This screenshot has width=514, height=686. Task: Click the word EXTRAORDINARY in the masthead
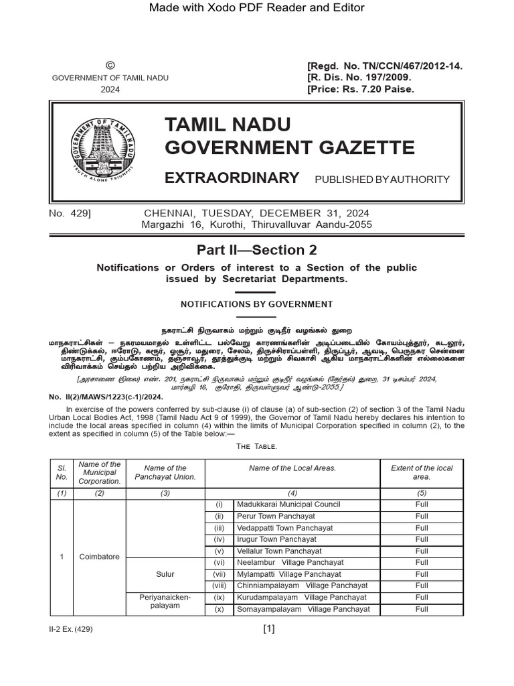tap(232, 178)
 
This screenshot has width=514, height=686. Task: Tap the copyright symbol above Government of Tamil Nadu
tap(110, 65)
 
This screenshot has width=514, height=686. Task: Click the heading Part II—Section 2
tap(256, 250)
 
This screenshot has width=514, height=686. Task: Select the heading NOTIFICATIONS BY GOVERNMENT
tap(256, 304)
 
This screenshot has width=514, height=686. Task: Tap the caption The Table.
tap(256, 445)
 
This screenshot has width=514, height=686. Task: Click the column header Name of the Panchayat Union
tap(165, 472)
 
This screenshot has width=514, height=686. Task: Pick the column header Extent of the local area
tap(422, 472)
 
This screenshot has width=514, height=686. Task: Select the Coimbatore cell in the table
tap(99, 557)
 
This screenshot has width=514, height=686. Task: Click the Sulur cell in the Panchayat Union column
tap(165, 574)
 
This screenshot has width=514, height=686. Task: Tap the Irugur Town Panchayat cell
tap(276, 539)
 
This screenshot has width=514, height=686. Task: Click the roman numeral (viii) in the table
tap(219, 586)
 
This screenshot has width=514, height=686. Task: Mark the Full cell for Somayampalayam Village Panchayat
tap(422, 609)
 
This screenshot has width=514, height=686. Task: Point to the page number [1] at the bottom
tap(269, 628)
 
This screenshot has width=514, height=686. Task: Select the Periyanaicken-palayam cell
tap(165, 601)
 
